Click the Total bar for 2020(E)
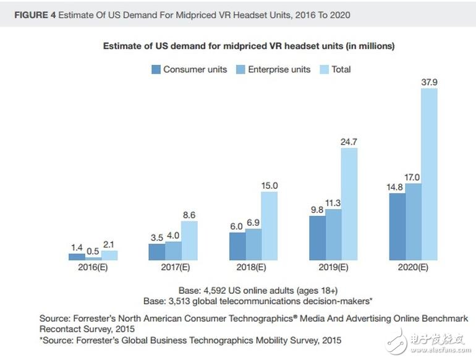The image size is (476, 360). click(430, 173)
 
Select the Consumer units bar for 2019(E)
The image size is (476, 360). click(317, 238)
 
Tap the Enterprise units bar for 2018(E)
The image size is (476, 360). click(253, 244)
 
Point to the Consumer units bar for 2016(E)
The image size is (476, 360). click(77, 256)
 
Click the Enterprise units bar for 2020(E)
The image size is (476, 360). click(414, 221)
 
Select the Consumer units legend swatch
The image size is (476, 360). click(156, 70)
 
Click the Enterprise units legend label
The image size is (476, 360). click(279, 70)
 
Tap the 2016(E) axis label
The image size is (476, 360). click(93, 268)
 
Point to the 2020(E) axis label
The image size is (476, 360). click(414, 268)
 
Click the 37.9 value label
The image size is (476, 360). click(430, 81)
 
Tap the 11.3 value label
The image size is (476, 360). click(333, 202)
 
